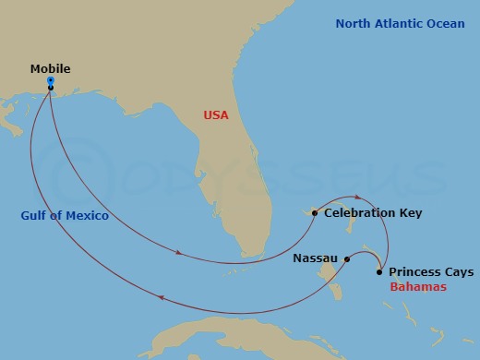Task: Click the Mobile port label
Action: [50, 69]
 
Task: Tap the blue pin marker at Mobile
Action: [50, 82]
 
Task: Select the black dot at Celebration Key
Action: [315, 213]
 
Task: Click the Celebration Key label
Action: [373, 213]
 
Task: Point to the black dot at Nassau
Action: [347, 259]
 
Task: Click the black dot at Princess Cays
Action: [380, 272]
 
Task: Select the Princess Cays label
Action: [431, 272]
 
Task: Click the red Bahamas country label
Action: [418, 287]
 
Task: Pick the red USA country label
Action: [215, 115]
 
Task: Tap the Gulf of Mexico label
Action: [65, 216]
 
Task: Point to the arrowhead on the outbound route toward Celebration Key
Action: [176, 248]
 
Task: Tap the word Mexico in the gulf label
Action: [90, 216]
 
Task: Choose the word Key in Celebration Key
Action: [411, 213]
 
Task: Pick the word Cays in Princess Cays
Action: [458, 272]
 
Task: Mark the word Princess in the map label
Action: [414, 272]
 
